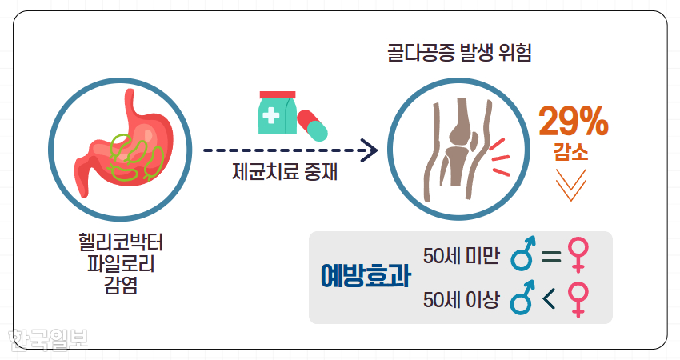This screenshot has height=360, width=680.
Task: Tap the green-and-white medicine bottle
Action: click(277, 113)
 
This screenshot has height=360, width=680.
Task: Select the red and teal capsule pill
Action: click(312, 125)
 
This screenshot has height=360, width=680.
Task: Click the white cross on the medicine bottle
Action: click(271, 116)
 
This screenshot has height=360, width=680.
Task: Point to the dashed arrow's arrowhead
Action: click(370, 150)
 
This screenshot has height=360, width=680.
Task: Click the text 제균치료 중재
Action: click(285, 172)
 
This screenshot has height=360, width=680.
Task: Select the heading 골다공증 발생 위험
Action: click(460, 54)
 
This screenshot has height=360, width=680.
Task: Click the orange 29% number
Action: click(574, 121)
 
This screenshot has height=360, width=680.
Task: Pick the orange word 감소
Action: click(570, 152)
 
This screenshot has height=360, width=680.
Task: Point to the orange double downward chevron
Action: click(570, 184)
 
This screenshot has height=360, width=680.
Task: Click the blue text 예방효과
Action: click(366, 276)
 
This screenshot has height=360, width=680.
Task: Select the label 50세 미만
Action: click(461, 256)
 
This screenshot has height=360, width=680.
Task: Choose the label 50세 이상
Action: click(461, 300)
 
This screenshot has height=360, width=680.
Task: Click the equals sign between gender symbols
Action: click(551, 256)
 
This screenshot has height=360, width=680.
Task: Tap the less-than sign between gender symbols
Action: click(549, 298)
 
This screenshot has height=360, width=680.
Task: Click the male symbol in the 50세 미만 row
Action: click(523, 254)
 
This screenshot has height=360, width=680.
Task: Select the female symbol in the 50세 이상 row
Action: click(578, 300)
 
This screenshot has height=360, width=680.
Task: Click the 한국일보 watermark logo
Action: click(48, 339)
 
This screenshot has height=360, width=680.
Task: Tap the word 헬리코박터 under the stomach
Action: click(121, 242)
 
